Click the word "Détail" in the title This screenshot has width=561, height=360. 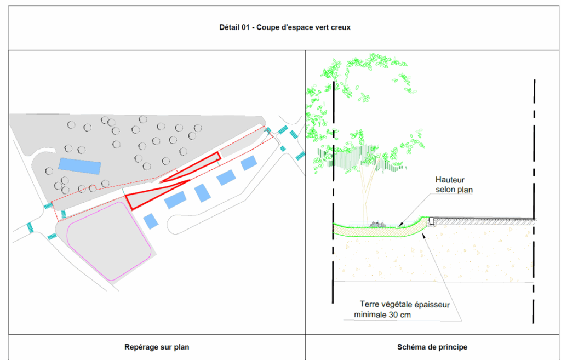pos(230,28)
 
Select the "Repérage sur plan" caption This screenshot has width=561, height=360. pos(157,347)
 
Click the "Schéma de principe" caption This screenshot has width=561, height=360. pos(432,347)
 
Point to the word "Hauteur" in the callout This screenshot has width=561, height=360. pos(450,180)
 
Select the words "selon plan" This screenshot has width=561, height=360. pos(454,190)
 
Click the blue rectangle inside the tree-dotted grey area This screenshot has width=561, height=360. pos(80,165)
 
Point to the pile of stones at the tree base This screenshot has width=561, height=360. pos(376,224)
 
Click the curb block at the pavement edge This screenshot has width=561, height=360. pos(431,220)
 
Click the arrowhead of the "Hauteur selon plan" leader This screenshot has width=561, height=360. pos(399,225)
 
